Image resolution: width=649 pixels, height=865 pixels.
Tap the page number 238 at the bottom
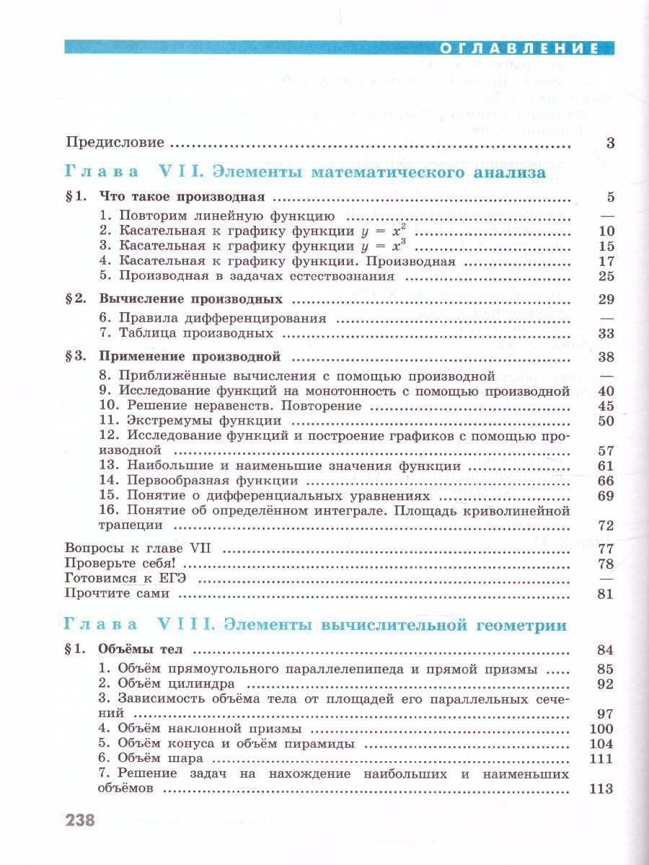point(81,820)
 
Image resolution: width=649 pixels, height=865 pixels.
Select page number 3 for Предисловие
point(609,143)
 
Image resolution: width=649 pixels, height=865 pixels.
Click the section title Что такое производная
point(183,197)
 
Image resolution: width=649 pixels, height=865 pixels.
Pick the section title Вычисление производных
point(190,298)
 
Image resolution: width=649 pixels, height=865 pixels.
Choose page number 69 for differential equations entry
point(605,496)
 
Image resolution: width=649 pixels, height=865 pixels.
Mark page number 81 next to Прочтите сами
point(605,594)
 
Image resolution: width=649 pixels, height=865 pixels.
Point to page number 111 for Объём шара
point(601,758)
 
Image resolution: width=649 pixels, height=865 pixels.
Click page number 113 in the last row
point(601,789)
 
